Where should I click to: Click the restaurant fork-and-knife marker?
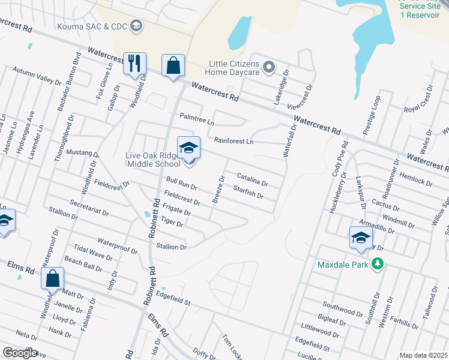(134, 63)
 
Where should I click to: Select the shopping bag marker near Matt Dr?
(53, 278)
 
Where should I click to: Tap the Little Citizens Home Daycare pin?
(269, 67)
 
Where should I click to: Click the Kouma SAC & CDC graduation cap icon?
(136, 25)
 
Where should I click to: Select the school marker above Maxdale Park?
(360, 237)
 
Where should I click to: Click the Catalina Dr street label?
(252, 178)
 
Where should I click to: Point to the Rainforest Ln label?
(234, 141)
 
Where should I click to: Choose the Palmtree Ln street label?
(197, 119)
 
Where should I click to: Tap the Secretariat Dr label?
(88, 208)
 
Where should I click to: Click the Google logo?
(20, 353)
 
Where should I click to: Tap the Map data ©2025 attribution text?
(423, 355)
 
